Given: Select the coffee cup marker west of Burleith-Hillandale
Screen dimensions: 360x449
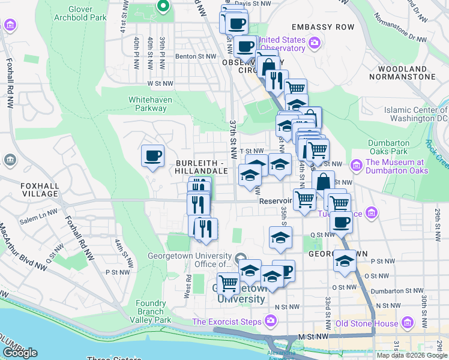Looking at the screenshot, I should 152,157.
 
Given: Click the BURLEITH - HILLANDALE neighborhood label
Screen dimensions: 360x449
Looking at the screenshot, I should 202,167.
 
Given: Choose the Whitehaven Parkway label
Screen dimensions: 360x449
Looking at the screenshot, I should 147,104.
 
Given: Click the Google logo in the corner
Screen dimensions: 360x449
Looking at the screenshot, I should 20,353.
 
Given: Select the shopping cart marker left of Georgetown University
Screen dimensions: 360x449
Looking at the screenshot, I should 228,282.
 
